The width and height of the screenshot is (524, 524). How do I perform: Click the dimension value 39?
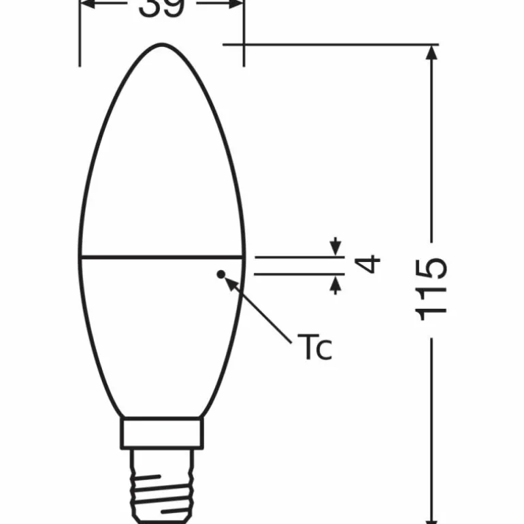[x=162, y=7]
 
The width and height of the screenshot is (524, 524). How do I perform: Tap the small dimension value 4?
[x=367, y=263]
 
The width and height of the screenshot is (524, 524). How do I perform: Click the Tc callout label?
[x=314, y=348]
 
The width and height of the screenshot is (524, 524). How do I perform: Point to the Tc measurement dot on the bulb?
[x=220, y=274]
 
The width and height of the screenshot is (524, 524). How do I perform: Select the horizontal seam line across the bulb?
[x=162, y=258]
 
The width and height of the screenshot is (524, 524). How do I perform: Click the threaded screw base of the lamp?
[x=162, y=480]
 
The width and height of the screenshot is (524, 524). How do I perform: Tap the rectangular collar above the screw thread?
[x=162, y=433]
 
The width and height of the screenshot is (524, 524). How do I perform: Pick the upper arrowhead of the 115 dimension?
[x=431, y=54]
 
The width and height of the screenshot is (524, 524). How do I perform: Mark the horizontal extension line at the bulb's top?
[x=327, y=45]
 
